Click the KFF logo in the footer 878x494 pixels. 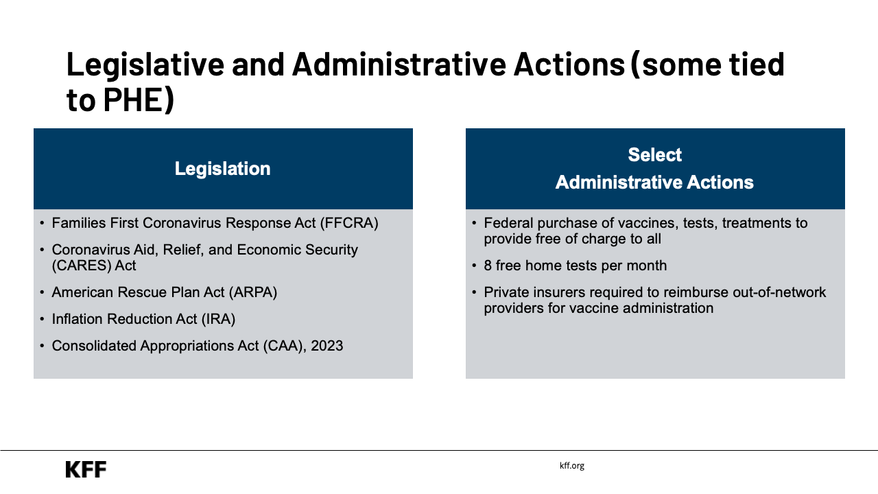click(x=86, y=469)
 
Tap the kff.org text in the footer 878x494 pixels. click(x=571, y=465)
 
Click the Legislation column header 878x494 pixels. click(x=222, y=169)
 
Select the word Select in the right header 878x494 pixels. click(x=654, y=155)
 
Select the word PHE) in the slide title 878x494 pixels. click(x=139, y=100)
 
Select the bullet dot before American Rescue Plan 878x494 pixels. click(x=43, y=293)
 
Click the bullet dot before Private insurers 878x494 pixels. click(x=475, y=293)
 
